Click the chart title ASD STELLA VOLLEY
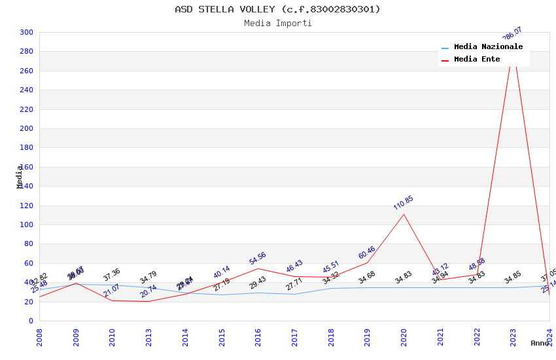click(277, 9)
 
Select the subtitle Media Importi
click(277, 23)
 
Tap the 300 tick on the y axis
click(26, 32)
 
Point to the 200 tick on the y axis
click(26, 128)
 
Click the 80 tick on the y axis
click(29, 244)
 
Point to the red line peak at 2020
click(404, 214)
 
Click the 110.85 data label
click(404, 203)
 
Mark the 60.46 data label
click(367, 253)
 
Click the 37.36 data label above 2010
click(112, 275)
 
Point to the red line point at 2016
click(258, 268)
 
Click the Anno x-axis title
click(540, 343)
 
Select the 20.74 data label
click(148, 291)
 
